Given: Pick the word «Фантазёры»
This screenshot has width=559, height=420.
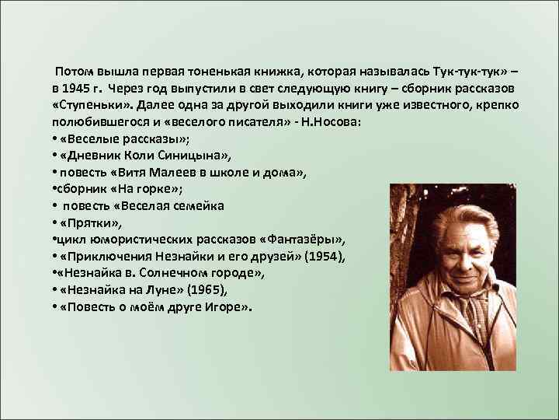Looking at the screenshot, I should click(307, 239).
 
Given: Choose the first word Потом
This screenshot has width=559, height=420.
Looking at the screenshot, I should click(72, 67).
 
